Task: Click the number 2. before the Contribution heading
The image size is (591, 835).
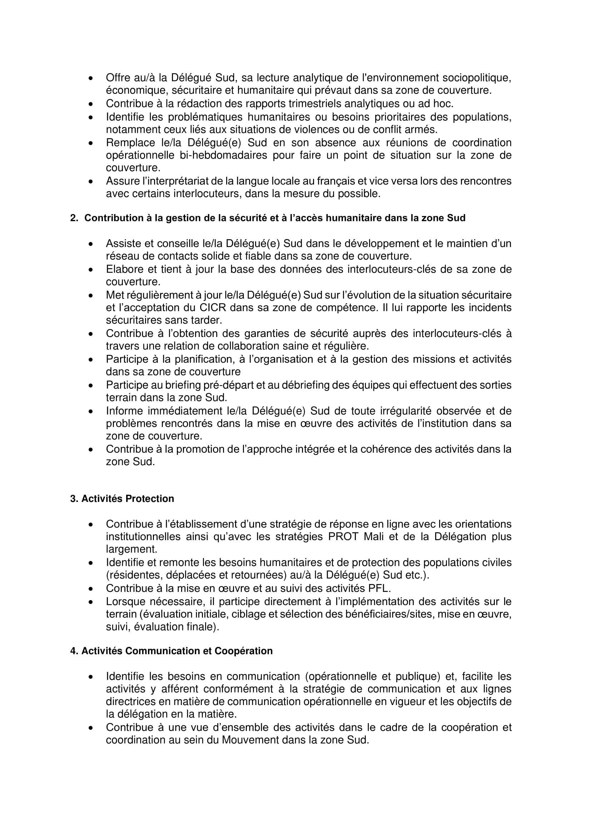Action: pyautogui.click(x=74, y=218)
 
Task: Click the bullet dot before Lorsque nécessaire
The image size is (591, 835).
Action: pyautogui.click(x=91, y=602)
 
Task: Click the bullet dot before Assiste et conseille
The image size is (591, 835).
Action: pyautogui.click(x=91, y=244)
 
